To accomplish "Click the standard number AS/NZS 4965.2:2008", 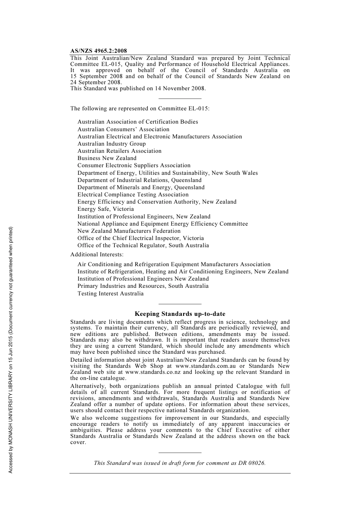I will pyautogui.click(x=99, y=51).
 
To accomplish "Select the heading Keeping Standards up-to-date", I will pyautogui.click(x=180, y=314).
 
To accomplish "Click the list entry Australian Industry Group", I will pyautogui.click(x=111, y=144).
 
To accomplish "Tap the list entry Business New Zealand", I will pyautogui.click(x=107, y=158).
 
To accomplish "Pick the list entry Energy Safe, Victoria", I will pyautogui.click(x=105, y=209).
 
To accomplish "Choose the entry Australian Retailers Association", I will pyautogui.click(x=119, y=151).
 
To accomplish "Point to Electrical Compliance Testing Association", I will pyautogui.click(x=133, y=195).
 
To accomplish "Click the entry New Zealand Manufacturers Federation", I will pyautogui.click(x=129, y=231).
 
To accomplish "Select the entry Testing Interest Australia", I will pyautogui.click(x=110, y=293).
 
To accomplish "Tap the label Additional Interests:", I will pyautogui.click(x=97, y=254).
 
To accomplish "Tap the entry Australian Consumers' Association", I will pyautogui.click(x=123, y=129).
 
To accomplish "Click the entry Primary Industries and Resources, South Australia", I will pyautogui.click(x=143, y=286).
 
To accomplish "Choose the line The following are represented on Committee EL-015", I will pyautogui.click(x=140, y=108).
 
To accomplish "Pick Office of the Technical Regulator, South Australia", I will pyautogui.click(x=143, y=245).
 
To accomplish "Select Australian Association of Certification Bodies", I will pyautogui.click(x=138, y=122).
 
